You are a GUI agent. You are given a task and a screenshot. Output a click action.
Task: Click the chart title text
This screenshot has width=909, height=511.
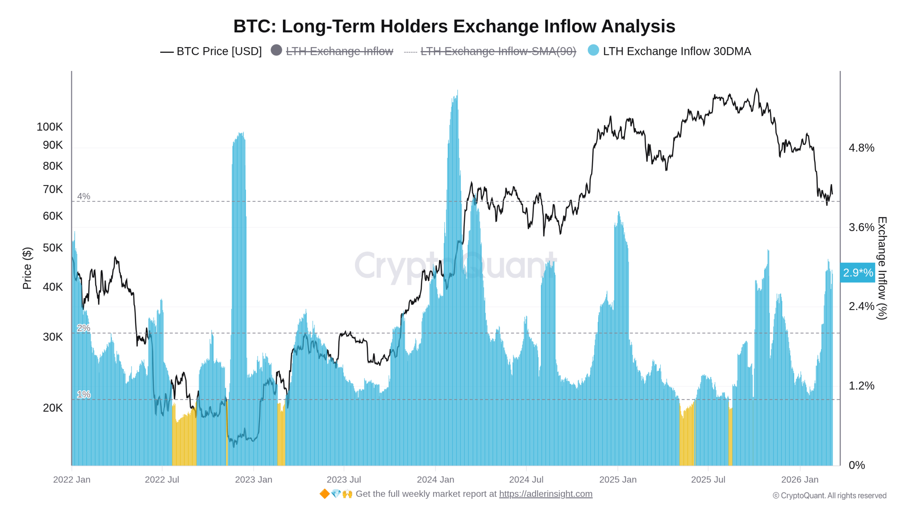point(454,26)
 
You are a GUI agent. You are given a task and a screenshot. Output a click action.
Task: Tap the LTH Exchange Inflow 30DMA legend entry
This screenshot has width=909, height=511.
point(676,51)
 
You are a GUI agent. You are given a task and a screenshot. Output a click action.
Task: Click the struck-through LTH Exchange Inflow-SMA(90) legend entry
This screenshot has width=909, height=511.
point(498,51)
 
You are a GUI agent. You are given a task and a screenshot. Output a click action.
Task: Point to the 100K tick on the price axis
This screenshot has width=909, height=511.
point(50,127)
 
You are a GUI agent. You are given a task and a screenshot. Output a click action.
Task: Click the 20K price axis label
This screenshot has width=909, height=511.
point(53,408)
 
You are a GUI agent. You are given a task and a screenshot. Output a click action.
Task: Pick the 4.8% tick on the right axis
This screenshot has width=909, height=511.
point(861,148)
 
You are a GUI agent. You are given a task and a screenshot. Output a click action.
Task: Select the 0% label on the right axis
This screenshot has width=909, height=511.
point(856,465)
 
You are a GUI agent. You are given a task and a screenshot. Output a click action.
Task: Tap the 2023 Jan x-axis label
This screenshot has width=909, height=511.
point(254,480)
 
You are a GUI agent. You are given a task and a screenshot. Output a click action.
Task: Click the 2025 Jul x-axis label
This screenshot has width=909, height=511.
point(708,480)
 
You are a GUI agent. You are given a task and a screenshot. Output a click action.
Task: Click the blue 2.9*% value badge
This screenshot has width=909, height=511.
point(858,273)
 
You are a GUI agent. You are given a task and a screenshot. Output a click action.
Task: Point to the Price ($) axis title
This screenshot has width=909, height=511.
point(27,268)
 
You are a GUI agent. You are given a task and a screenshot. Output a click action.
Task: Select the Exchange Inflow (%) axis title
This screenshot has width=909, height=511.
point(882,268)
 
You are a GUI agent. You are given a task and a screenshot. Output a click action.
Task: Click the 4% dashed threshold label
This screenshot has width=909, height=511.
point(84,196)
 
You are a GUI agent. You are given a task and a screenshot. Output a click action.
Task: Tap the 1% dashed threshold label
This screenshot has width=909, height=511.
point(84,394)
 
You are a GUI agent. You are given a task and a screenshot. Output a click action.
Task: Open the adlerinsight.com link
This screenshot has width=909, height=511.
point(545,494)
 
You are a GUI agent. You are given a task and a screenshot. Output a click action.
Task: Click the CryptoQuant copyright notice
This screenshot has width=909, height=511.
point(829,495)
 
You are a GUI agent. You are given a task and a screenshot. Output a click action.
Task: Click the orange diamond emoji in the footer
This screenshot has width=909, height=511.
point(324,494)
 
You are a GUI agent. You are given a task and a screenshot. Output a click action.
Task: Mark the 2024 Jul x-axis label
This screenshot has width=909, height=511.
point(526,480)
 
